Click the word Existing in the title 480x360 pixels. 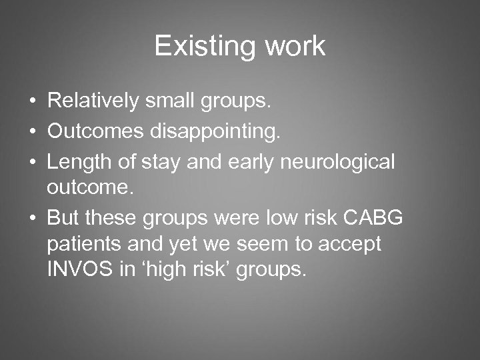point(196,47)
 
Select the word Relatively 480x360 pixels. point(93,101)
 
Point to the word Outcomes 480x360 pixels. point(95,131)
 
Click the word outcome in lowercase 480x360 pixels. point(89,187)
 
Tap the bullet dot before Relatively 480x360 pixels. point(32,102)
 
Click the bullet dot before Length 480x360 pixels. point(32,162)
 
